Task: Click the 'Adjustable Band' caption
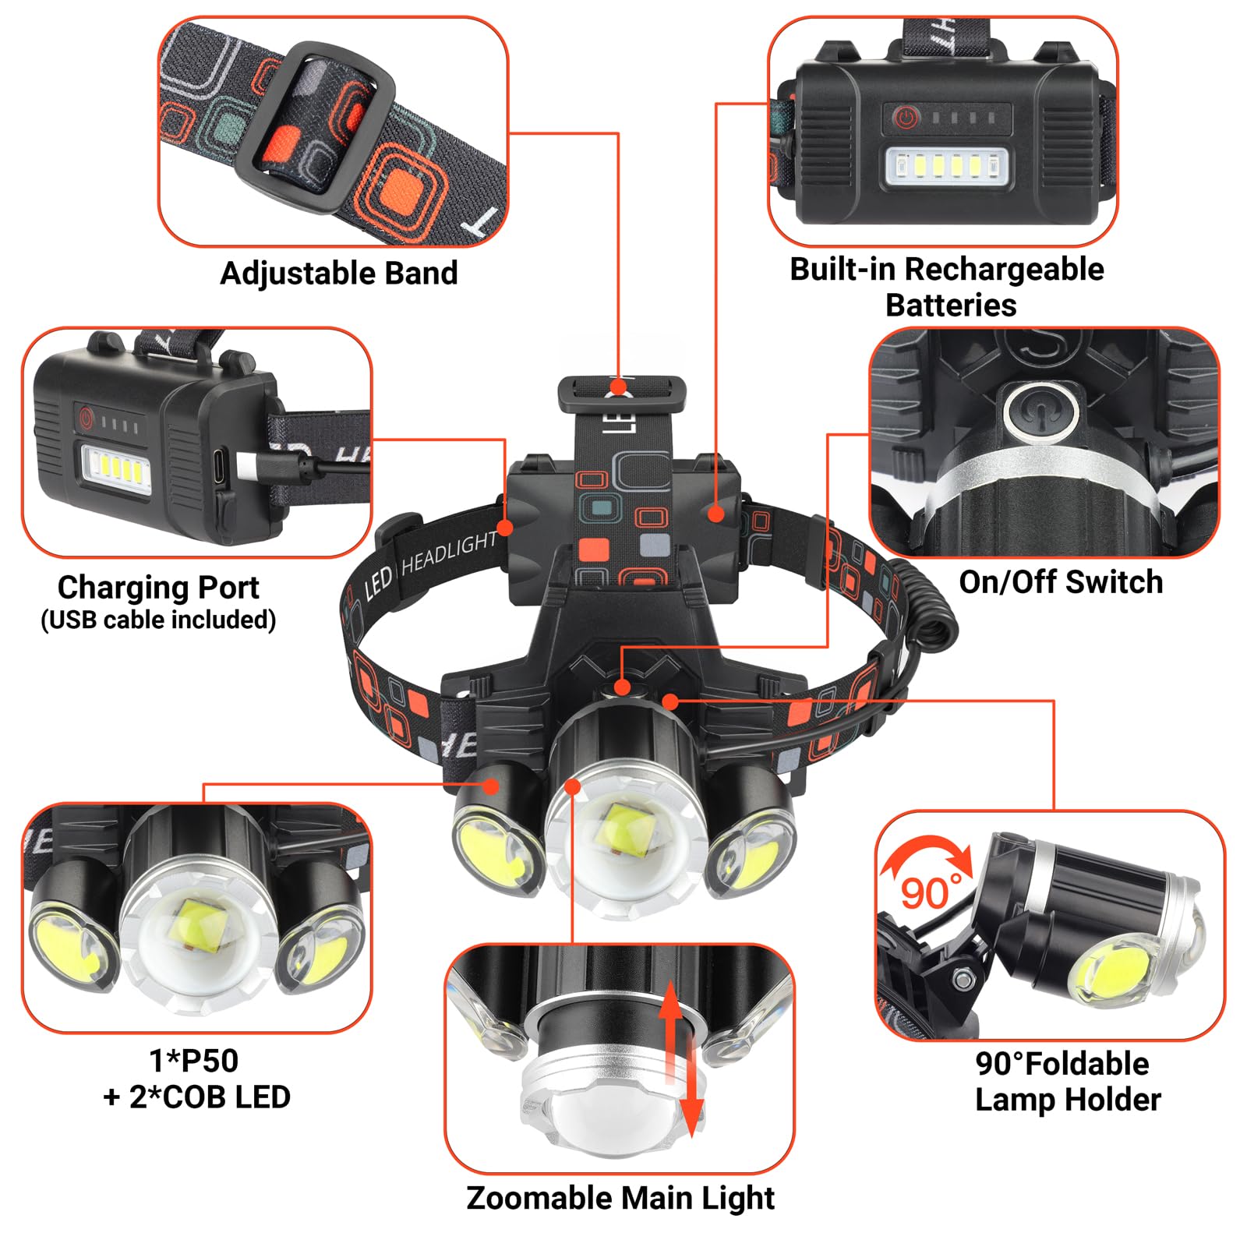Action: point(339,274)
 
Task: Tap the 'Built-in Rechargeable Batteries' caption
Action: point(947,287)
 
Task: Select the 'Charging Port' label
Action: point(158,587)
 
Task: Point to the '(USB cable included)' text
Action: point(158,620)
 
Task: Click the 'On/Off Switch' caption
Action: point(1061,582)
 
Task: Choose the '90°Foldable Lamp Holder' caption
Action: point(1067,1082)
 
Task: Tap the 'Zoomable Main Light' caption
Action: point(620,1198)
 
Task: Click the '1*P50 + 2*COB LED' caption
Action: point(196,1079)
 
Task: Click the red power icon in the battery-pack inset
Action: point(904,118)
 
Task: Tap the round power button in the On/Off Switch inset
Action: point(1042,411)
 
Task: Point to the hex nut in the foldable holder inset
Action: point(963,977)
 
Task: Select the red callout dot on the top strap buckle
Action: point(619,387)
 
